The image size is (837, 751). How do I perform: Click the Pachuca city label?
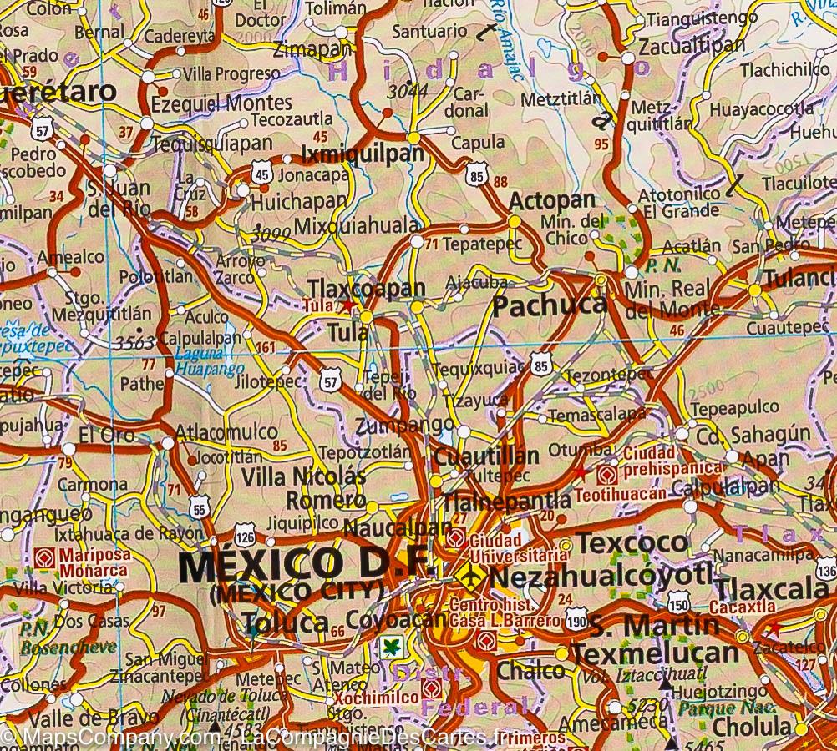pyautogui.click(x=550, y=305)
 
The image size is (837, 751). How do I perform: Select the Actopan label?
pyautogui.click(x=552, y=201)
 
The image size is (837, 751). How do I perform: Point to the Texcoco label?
pyautogui.click(x=632, y=542)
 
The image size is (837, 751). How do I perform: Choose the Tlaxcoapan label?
pyautogui.click(x=367, y=289)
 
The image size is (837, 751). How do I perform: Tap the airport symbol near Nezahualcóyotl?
pyautogui.click(x=471, y=576)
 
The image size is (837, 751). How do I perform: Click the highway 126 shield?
pyautogui.click(x=245, y=532)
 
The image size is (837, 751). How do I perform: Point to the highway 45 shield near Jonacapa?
pyautogui.click(x=262, y=174)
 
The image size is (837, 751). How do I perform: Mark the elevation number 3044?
pyautogui.click(x=407, y=90)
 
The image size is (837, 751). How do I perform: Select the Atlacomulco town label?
pyautogui.click(x=226, y=432)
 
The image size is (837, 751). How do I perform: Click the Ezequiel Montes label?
pyautogui.click(x=221, y=103)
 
